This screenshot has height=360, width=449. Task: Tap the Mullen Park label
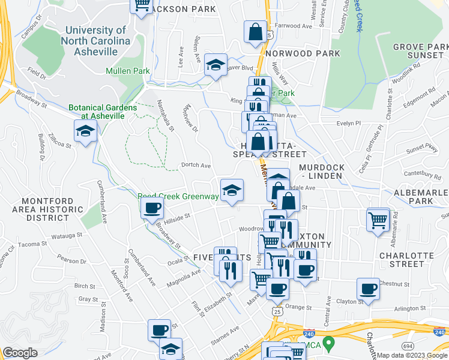pos(127,71)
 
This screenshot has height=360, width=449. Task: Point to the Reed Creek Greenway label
pos(178,196)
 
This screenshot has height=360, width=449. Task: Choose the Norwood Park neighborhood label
pos(303,53)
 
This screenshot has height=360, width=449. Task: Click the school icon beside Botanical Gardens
pos(85,131)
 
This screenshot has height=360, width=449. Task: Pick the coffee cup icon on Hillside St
pos(151,208)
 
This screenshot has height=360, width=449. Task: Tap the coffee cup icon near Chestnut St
pos(367,289)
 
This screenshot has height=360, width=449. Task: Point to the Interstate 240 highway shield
pos(309,334)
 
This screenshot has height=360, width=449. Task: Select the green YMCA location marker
pos(328,344)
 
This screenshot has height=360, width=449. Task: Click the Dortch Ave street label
pos(196,166)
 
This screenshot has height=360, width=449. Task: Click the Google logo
pos(20,353)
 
